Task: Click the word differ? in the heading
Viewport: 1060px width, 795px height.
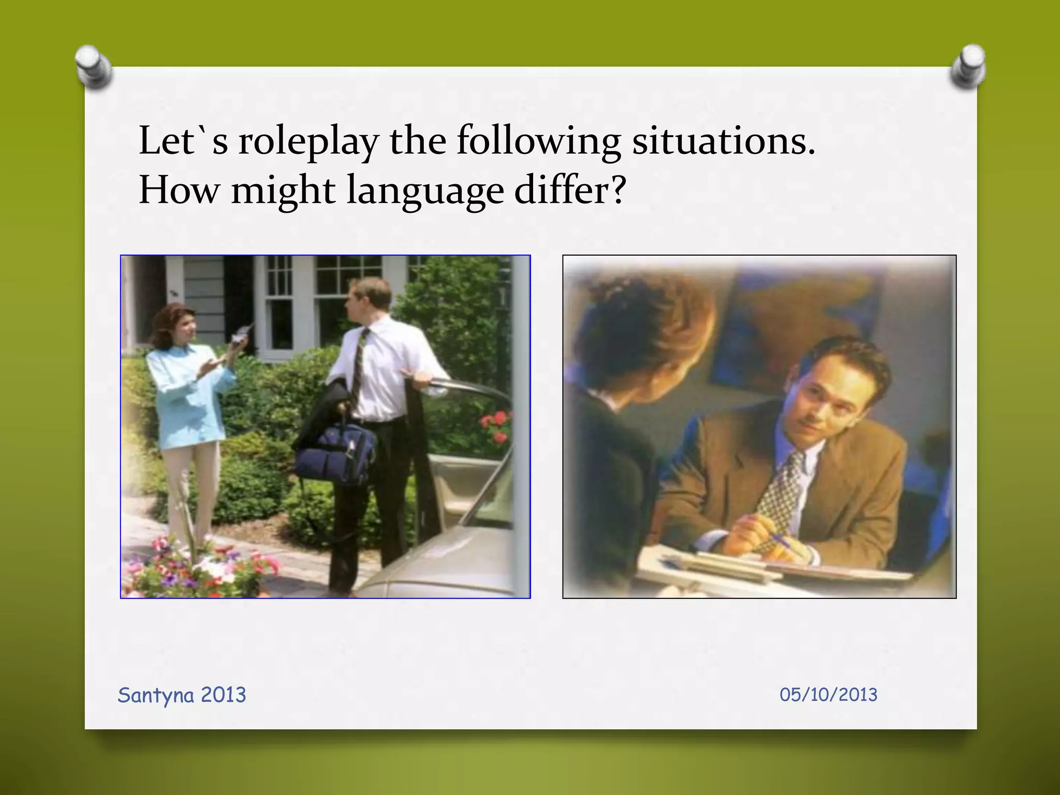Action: pyautogui.click(x=570, y=190)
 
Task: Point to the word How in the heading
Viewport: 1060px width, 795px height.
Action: pyautogui.click(x=179, y=190)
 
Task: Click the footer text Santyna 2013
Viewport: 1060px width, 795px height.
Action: pyautogui.click(x=182, y=695)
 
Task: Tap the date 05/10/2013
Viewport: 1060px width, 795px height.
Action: pyautogui.click(x=828, y=695)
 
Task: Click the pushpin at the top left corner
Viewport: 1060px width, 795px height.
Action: pyautogui.click(x=93, y=66)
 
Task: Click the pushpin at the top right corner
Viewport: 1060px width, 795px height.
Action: pyautogui.click(x=967, y=66)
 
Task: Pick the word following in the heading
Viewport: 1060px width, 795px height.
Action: pyautogui.click(x=538, y=142)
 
